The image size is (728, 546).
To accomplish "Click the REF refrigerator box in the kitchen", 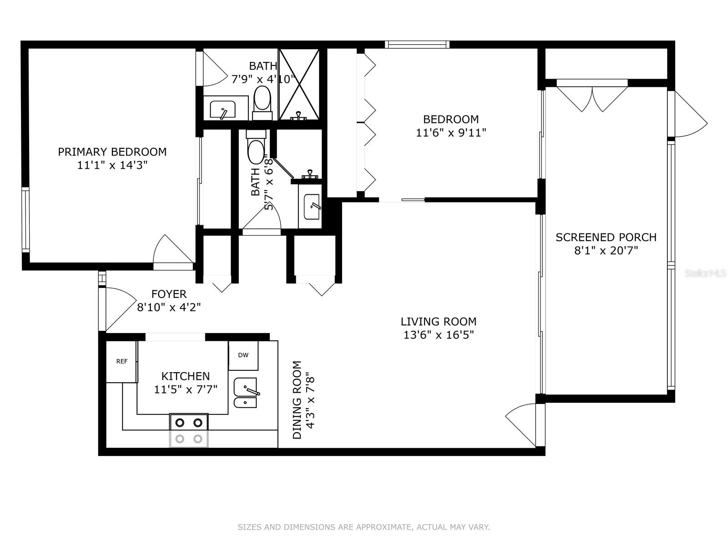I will (x=121, y=362).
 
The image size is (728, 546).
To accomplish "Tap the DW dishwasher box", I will (x=243, y=355).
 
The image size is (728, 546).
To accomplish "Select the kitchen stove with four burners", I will (x=189, y=430).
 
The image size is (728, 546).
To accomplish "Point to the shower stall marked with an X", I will (x=298, y=85).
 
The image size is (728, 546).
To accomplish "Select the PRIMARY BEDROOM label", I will (x=112, y=152).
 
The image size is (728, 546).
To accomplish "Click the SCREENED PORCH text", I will (x=606, y=238).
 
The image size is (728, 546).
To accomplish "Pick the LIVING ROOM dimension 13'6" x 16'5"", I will (x=439, y=335).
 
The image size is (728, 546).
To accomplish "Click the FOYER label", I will (x=169, y=294).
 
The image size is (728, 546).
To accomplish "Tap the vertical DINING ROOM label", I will (x=297, y=400).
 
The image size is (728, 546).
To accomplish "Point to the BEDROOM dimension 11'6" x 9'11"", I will (x=451, y=133).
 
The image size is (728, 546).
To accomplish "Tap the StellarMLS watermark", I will (x=705, y=273).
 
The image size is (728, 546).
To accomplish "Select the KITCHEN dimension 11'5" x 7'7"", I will (x=186, y=389).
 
